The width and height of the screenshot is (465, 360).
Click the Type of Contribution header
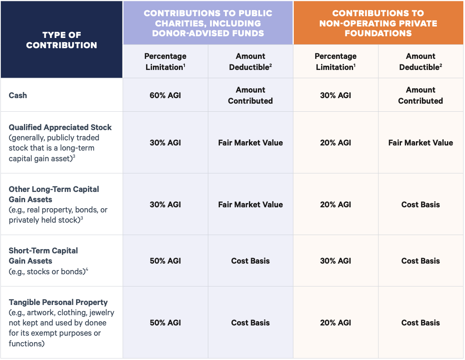pos(61,40)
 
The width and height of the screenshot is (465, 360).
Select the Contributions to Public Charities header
pos(208,23)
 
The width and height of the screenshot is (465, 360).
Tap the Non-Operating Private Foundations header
pos(378,23)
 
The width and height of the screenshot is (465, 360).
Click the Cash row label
pos(18,95)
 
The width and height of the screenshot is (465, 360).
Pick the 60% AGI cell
pos(165,95)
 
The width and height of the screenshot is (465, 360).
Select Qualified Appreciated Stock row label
pos(60,127)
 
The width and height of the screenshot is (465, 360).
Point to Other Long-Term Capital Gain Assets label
pos(54,194)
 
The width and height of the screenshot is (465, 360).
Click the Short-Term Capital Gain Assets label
pos(43,255)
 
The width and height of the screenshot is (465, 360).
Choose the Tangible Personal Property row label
pos(58,302)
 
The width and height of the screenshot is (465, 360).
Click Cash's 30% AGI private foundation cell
pos(336,95)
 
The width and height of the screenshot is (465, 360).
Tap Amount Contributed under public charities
pos(250,95)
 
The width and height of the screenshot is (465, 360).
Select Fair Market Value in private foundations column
pos(420,143)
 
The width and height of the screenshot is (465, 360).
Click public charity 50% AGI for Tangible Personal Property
pos(165,323)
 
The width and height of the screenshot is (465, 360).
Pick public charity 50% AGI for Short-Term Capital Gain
pos(165,261)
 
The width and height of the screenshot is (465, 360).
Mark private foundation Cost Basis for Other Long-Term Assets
pos(420,204)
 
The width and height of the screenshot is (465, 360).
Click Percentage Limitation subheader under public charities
pos(165,61)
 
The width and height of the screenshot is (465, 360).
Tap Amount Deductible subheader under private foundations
pos(420,61)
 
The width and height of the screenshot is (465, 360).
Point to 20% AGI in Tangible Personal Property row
pos(336,323)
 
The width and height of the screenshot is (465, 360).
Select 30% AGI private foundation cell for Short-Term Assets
pos(336,261)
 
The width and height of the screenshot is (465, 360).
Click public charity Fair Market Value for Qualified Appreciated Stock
pos(250,143)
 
